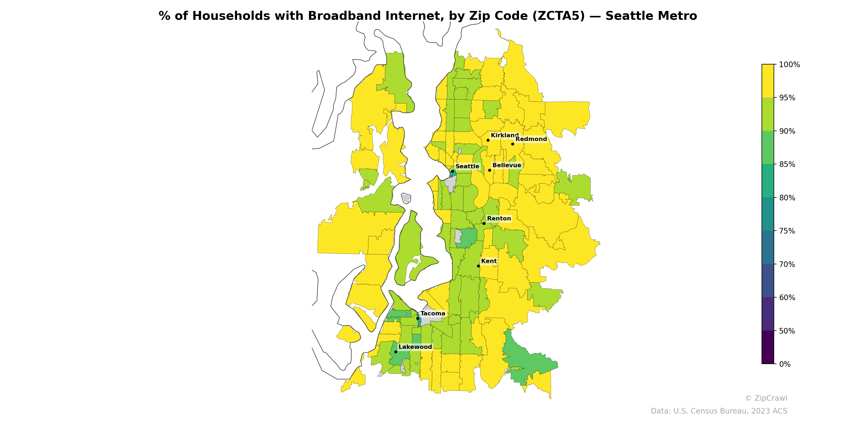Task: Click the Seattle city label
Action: [x=467, y=166]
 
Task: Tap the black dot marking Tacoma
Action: [x=418, y=318]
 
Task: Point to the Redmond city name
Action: [x=531, y=139]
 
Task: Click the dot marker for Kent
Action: [x=479, y=266]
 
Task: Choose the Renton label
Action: [x=499, y=219]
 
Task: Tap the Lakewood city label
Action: [x=415, y=347]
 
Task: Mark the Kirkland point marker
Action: [x=488, y=140]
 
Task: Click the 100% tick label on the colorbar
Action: [x=789, y=65]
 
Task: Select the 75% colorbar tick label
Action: [x=787, y=231]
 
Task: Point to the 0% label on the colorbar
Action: [x=785, y=364]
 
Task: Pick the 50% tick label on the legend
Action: [x=787, y=331]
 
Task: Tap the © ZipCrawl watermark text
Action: [x=766, y=398]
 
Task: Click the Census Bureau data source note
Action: [x=719, y=411]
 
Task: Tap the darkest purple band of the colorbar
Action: [x=768, y=347]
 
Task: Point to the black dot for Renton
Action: [x=484, y=223]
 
